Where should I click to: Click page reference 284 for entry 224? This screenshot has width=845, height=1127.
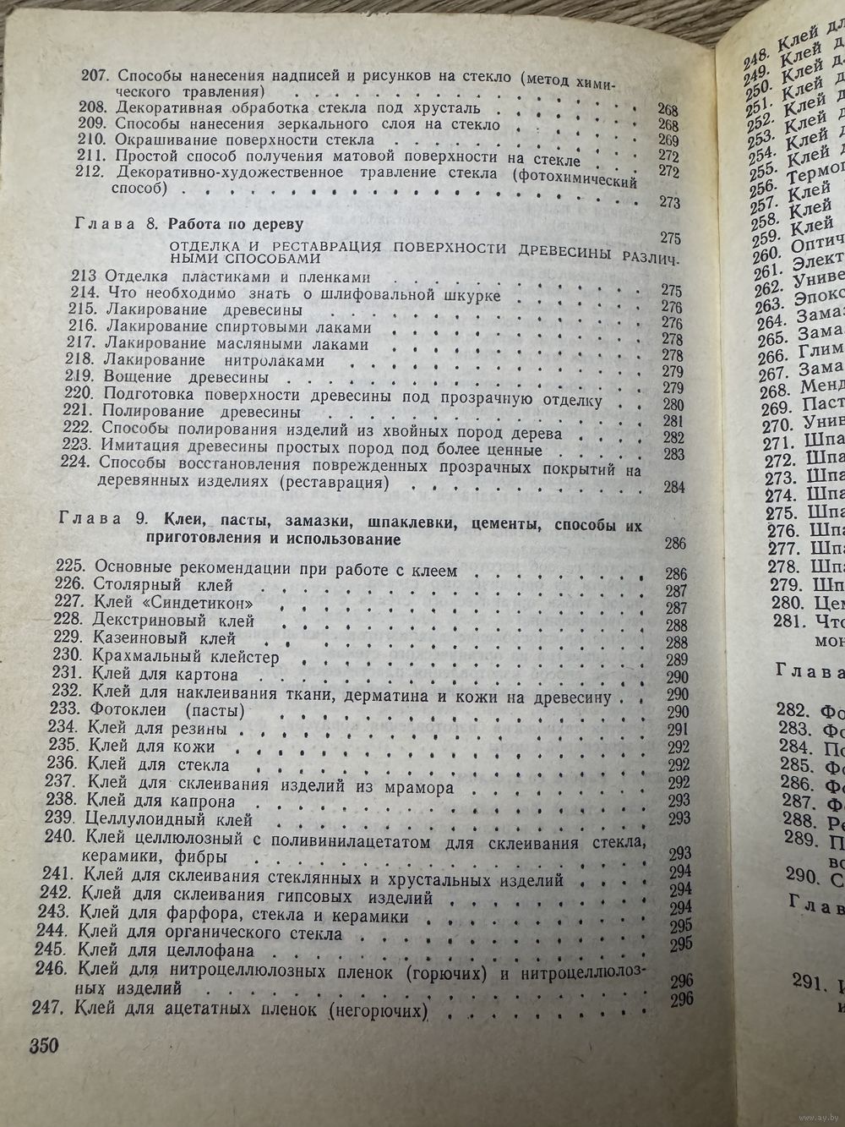pos(673,488)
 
